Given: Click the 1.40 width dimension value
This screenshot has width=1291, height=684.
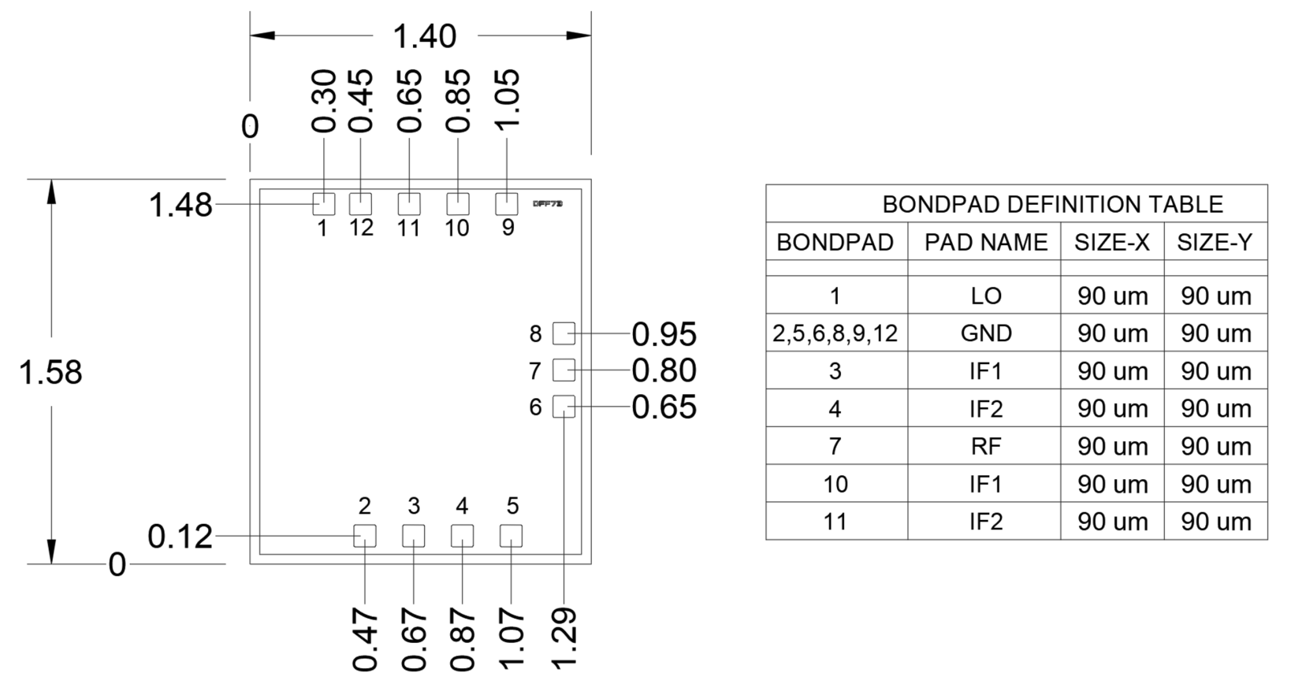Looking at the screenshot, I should tap(424, 36).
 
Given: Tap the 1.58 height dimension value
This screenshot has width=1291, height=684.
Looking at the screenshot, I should tap(50, 372).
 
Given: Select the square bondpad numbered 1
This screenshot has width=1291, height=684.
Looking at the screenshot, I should tap(324, 204).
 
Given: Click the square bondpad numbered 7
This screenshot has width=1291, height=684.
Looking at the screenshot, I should tap(564, 370).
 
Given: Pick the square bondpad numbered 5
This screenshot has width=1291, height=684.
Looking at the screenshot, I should tap(511, 536).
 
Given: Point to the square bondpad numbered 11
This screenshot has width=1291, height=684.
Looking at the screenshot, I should tap(409, 204).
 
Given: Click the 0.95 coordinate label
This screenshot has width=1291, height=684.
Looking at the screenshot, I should tap(664, 334).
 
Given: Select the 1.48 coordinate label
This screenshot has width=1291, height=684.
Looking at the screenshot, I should tap(180, 205).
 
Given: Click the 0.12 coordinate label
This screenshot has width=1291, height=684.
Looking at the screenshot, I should tap(180, 537).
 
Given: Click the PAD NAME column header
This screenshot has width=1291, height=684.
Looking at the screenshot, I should tap(985, 243).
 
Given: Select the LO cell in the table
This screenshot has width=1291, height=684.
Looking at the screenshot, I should tap(985, 296).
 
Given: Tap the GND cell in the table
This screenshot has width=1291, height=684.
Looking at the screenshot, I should tap(985, 333).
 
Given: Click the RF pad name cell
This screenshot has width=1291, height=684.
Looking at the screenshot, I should tap(985, 447).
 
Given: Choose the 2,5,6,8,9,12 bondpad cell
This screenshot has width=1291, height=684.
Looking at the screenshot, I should tap(835, 333).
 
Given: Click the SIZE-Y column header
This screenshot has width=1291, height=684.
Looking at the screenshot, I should tap(1215, 243).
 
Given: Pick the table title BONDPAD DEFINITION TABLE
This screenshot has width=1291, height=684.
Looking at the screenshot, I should tap(1052, 205).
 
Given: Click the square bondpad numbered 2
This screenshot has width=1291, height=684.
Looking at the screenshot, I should tap(365, 536).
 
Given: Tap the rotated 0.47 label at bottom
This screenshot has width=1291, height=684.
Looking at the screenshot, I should tap(366, 638).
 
